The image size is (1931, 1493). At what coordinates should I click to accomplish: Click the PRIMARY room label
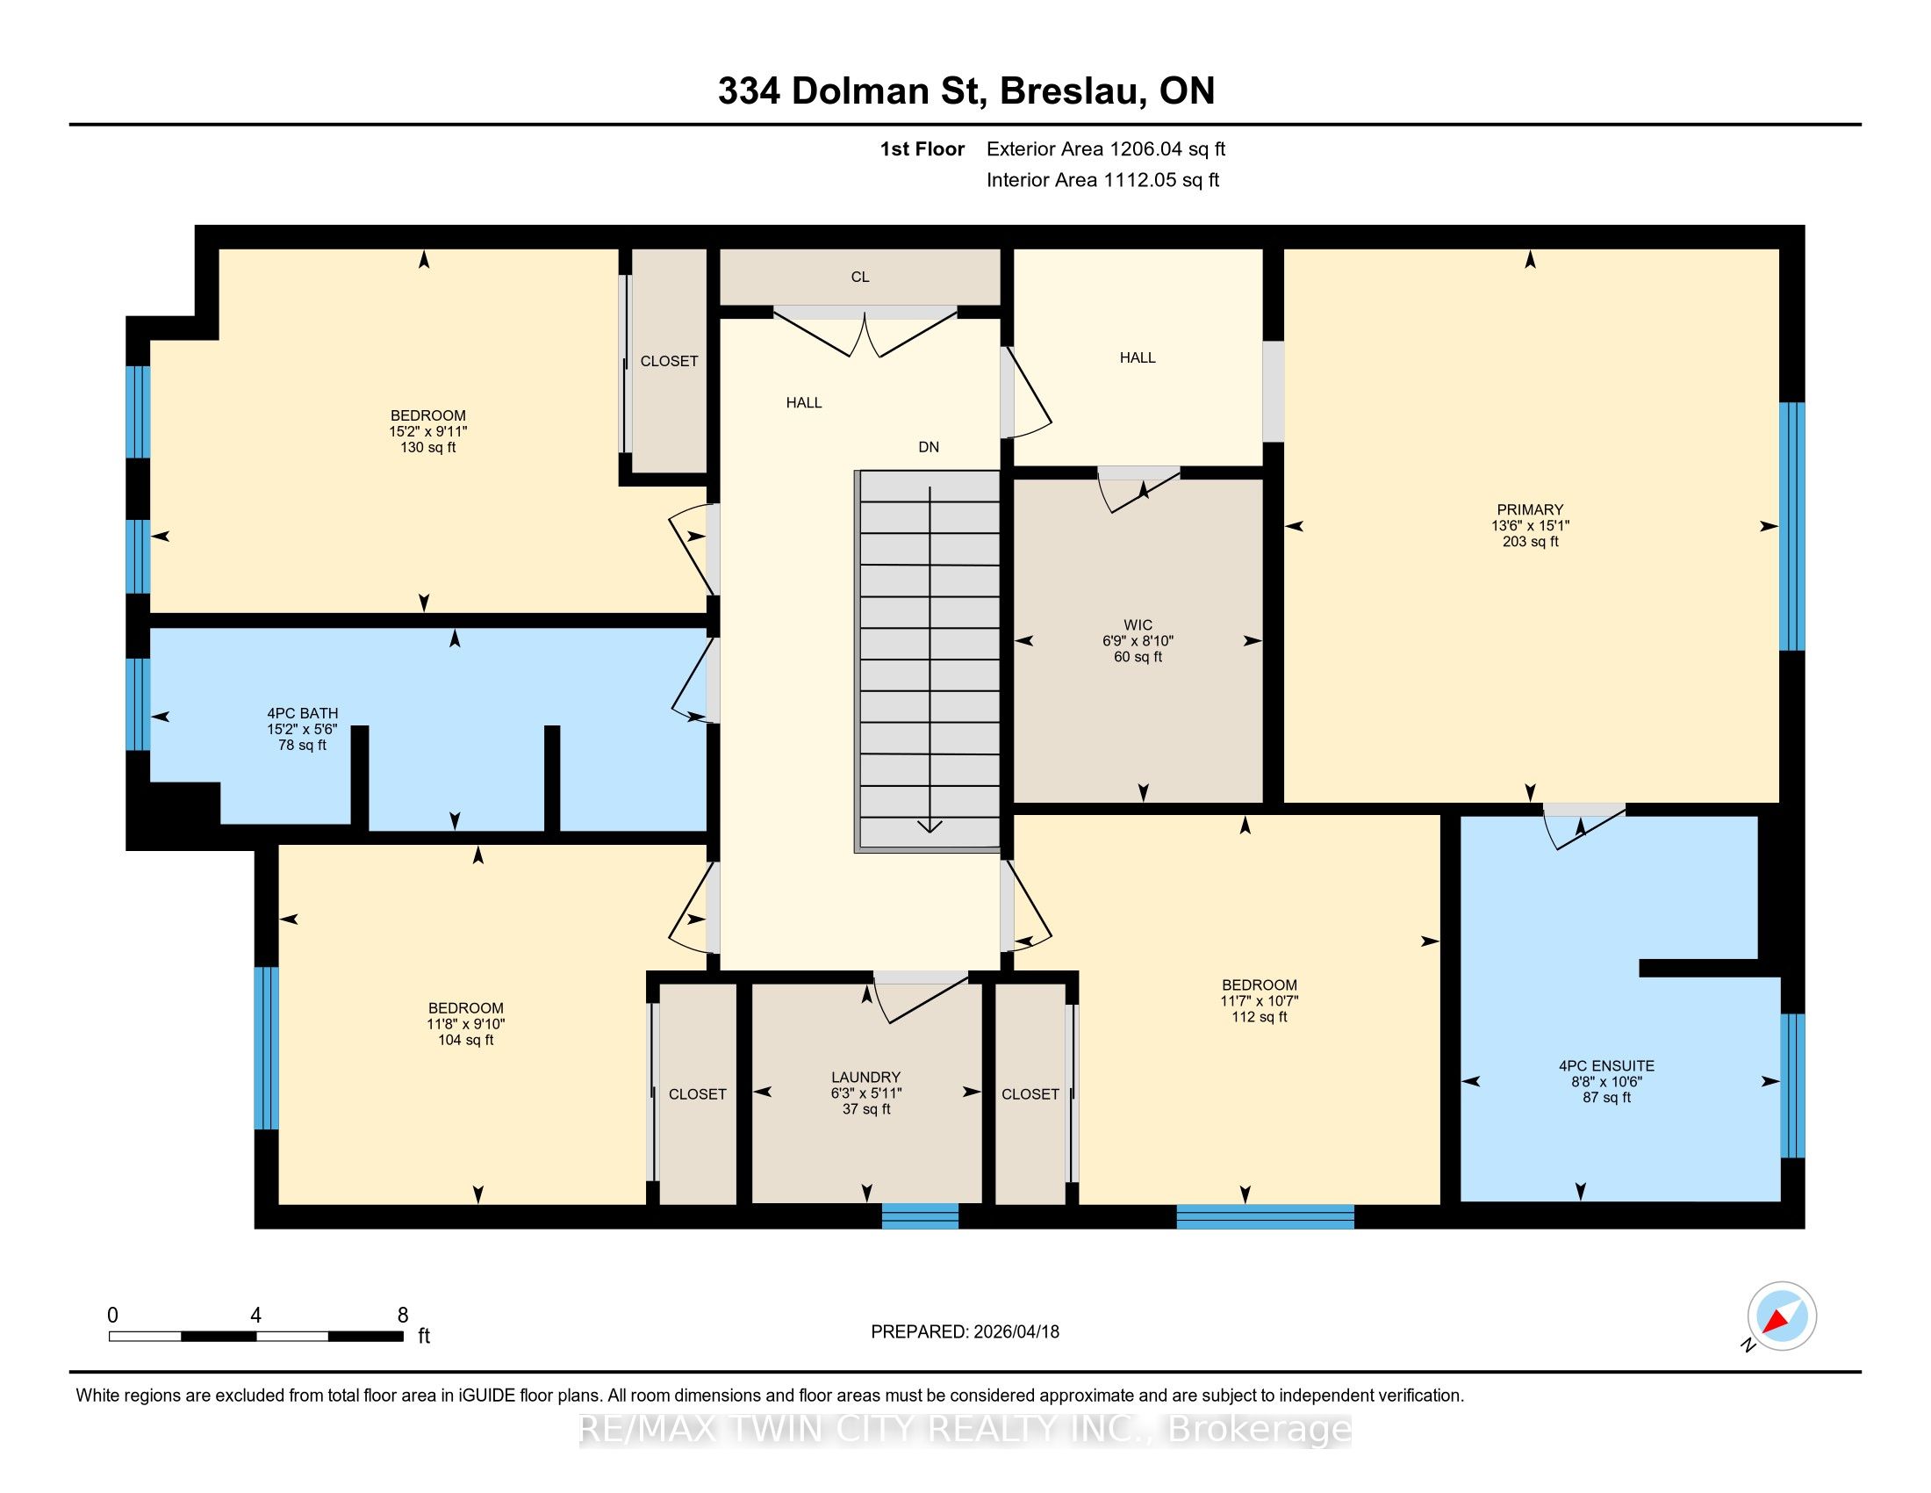pos(1530,509)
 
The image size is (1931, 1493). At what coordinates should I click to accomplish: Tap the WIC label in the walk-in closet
pos(1138,624)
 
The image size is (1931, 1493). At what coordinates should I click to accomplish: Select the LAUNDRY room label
pos(865,1077)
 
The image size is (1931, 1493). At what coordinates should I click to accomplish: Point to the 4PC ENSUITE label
pos(1606,1066)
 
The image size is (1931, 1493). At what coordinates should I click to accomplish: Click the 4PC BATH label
pos(303,713)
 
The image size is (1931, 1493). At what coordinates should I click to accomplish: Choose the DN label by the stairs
pos(929,448)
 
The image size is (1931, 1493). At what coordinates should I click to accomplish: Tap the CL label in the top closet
pos(860,277)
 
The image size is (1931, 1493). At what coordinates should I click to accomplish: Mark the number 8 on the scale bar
pos(402,1316)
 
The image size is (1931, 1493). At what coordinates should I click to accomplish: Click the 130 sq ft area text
pos(428,448)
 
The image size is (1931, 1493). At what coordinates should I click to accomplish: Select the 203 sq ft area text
pos(1530,541)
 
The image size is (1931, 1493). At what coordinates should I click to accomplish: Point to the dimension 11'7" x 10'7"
pos(1259,1001)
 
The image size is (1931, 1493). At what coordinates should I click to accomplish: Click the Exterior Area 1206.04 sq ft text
pos(1106,148)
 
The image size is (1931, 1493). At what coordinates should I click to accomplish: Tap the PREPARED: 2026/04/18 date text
pos(965,1332)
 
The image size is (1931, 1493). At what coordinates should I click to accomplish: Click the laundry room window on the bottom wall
pos(920,1216)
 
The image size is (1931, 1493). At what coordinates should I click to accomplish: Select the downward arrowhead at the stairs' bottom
pos(930,826)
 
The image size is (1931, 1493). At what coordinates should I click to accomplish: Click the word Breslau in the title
pos(1072,90)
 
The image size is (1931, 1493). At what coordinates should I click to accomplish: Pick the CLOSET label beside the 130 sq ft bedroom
pos(670,361)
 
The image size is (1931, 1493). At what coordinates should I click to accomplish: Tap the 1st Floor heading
pos(922,148)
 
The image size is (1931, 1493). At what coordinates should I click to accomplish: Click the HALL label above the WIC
pos(1138,357)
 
